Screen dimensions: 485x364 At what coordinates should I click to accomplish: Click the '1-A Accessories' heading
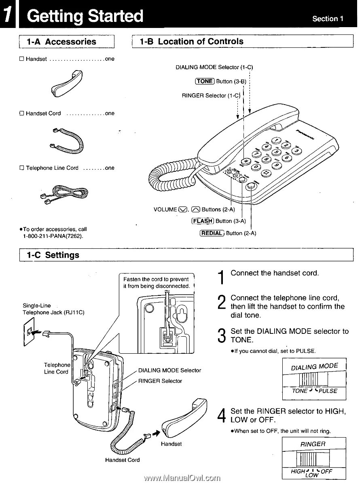coord(61,42)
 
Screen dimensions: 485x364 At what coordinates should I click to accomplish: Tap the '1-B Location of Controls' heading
coord(191,41)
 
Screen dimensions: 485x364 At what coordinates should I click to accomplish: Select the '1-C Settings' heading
coord(53,255)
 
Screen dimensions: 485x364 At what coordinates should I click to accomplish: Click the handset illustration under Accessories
coord(67,84)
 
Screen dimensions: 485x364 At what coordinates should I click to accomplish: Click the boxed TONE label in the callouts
coord(204,81)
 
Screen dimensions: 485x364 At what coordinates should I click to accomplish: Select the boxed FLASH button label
coord(203,221)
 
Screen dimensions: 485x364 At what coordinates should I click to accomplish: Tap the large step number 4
coord(221,416)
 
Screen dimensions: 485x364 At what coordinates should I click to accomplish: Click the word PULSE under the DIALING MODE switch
coord(328,391)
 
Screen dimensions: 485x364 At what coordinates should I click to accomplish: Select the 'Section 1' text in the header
coord(328,19)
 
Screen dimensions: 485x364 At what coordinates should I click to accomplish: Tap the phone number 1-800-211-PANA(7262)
coord(53,235)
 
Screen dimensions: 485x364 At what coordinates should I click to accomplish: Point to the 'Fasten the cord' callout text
coord(156,282)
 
